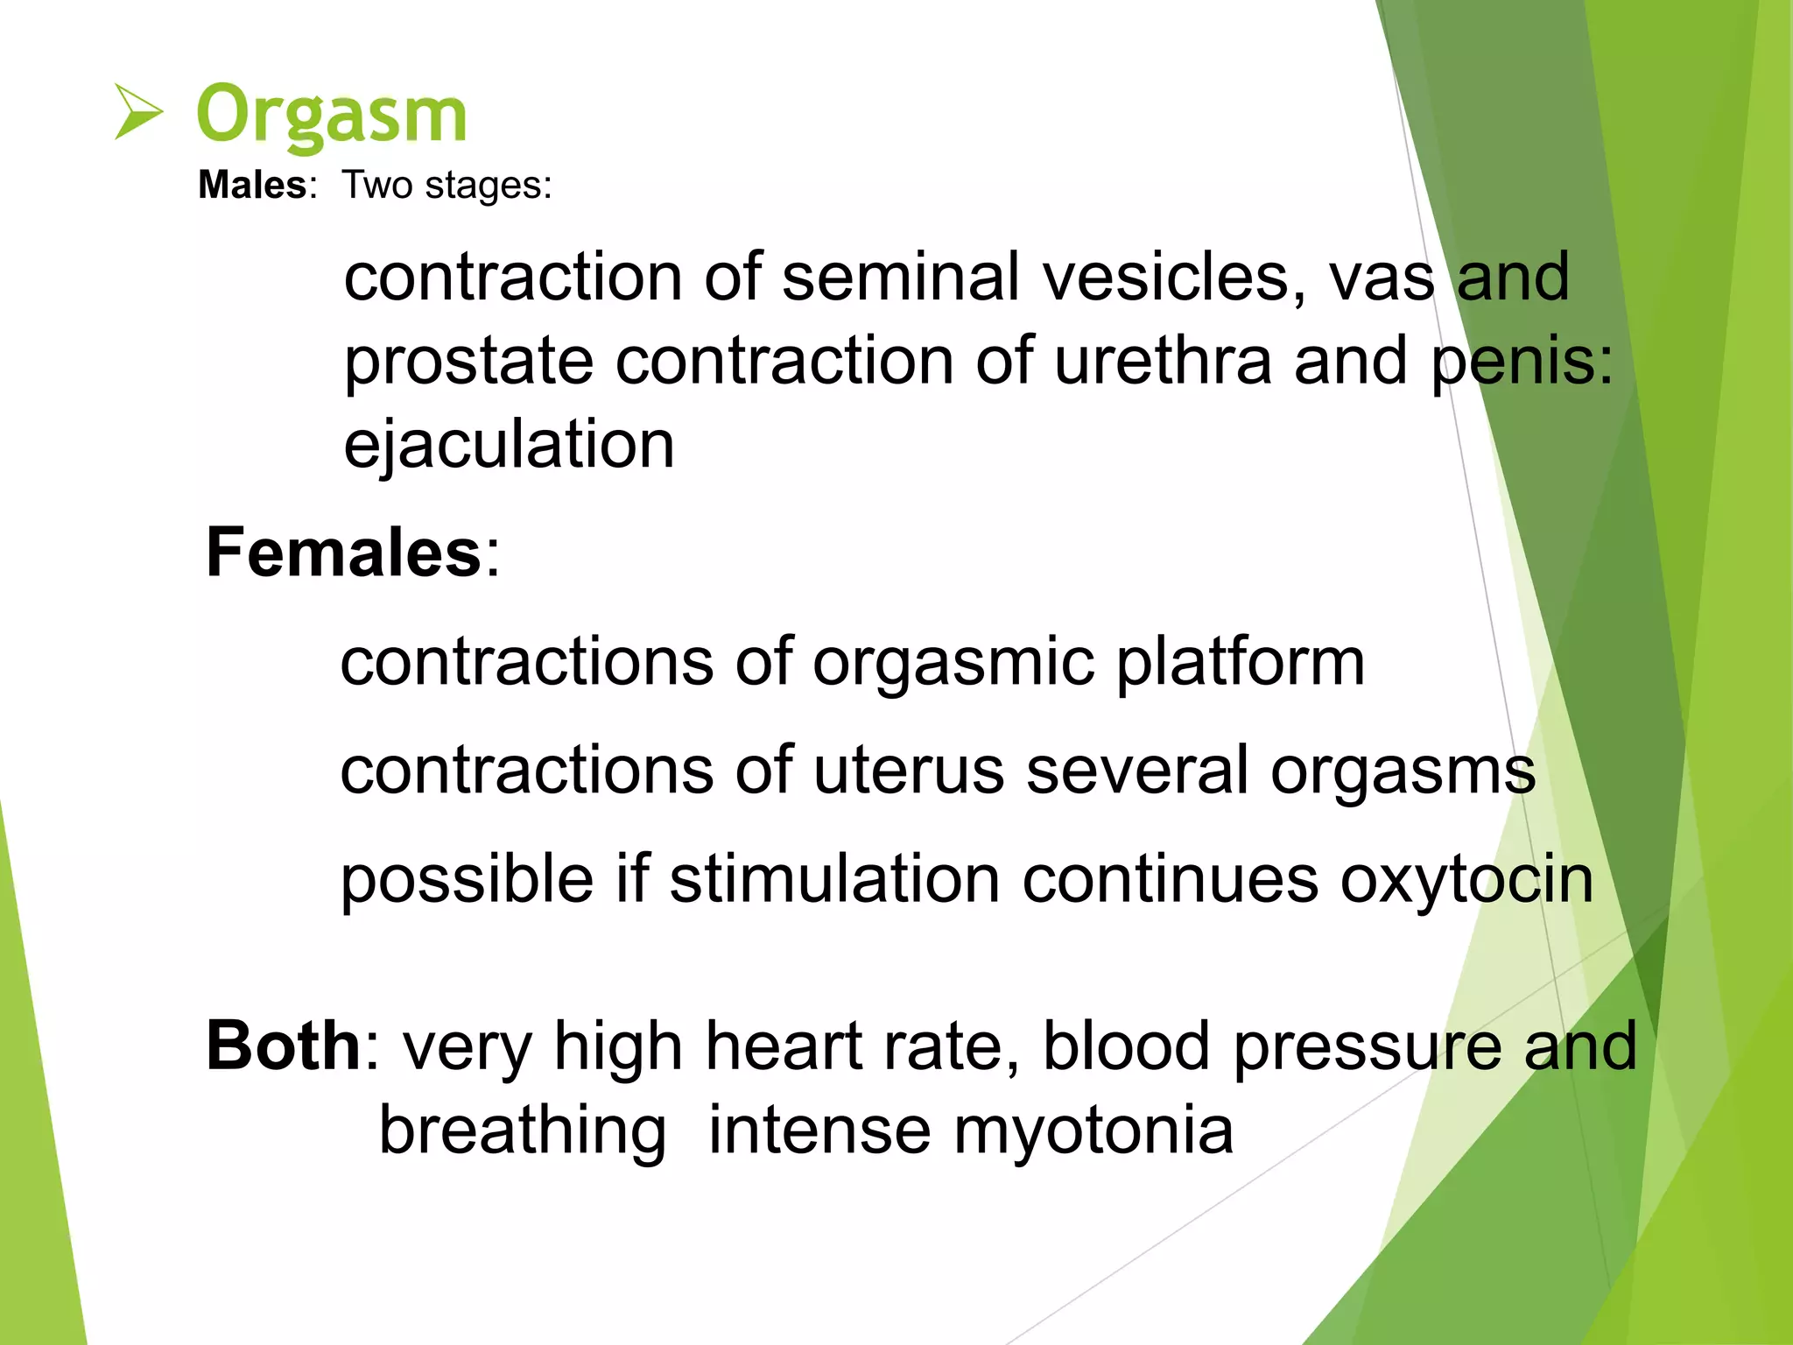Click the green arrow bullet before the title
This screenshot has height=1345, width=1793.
pyautogui.click(x=138, y=112)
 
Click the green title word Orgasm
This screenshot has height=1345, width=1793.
pyautogui.click(x=332, y=115)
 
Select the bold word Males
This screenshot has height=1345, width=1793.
pyautogui.click(x=252, y=185)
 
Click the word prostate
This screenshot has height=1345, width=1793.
pyautogui.click(x=468, y=362)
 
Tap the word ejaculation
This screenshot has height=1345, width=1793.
pyautogui.click(x=509, y=445)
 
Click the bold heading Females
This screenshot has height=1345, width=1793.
pyautogui.click(x=344, y=553)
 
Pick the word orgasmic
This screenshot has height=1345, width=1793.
pyautogui.click(x=953, y=663)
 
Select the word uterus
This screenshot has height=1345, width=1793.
pyautogui.click(x=908, y=771)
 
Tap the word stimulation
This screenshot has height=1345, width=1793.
pyautogui.click(x=834, y=879)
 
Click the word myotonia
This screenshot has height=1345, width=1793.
pyautogui.click(x=1093, y=1130)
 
